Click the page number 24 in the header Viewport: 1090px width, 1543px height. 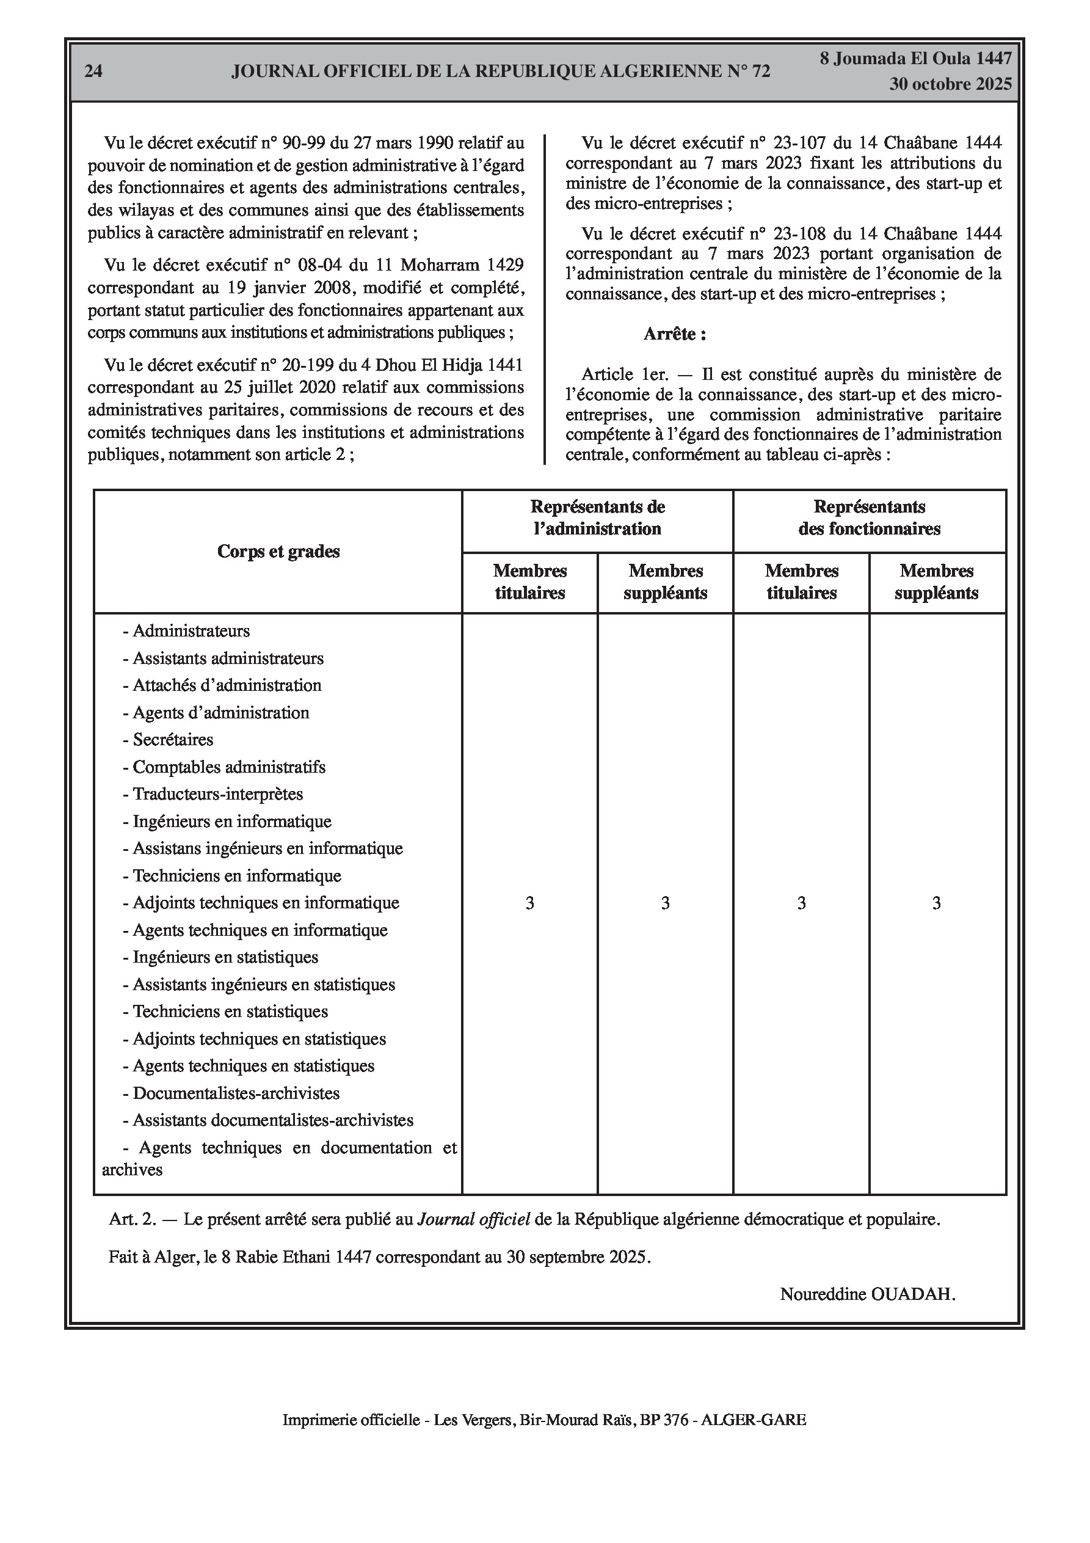(x=93, y=71)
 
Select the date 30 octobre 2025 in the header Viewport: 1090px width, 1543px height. (x=950, y=85)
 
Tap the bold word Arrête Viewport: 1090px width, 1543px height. (x=674, y=334)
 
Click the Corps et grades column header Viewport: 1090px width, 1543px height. (x=278, y=552)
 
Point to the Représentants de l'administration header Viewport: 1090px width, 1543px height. (x=597, y=517)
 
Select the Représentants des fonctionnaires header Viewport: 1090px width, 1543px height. (x=869, y=517)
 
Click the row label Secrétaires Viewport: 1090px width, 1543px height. (x=172, y=740)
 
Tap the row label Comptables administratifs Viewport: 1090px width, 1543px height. (x=228, y=767)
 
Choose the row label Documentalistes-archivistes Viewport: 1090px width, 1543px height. (x=235, y=1093)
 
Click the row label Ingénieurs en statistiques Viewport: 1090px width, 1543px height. (x=225, y=957)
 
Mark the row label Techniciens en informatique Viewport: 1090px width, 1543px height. (x=236, y=876)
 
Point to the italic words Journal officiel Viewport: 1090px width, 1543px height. (x=474, y=1219)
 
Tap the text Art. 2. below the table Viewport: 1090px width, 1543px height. (x=133, y=1219)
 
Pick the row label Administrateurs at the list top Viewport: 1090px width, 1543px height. (x=191, y=631)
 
